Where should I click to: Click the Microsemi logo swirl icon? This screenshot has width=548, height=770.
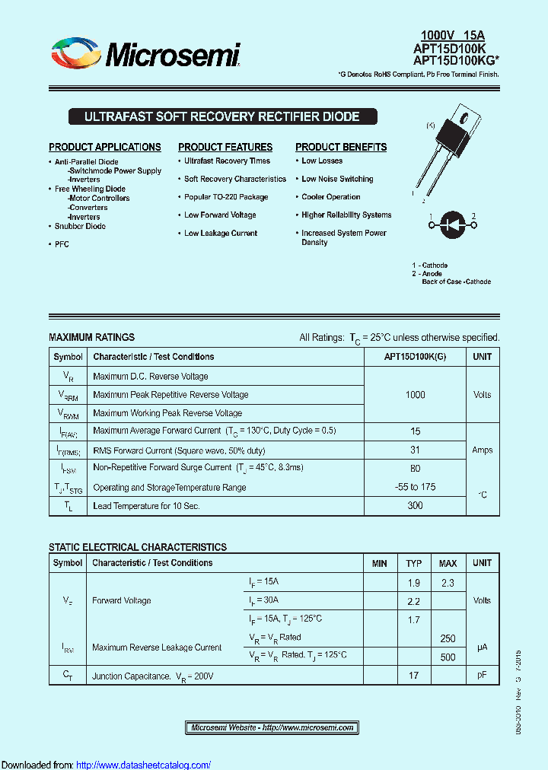[x=76, y=55]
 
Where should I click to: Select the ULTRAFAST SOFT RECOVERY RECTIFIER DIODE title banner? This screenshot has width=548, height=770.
[x=221, y=117]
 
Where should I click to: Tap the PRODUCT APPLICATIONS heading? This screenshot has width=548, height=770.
[x=105, y=147]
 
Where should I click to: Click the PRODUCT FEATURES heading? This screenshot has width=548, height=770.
[x=225, y=147]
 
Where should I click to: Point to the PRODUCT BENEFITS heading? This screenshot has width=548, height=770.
[x=341, y=147]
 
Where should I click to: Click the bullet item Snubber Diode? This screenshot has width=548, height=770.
[x=80, y=227]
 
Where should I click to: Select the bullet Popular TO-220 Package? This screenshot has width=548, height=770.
[x=226, y=197]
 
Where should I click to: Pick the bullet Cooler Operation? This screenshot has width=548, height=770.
[x=330, y=197]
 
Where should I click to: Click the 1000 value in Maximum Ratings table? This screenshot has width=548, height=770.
[x=415, y=395]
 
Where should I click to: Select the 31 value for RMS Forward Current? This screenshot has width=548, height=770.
[x=415, y=450]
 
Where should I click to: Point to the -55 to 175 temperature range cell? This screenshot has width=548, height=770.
[x=415, y=487]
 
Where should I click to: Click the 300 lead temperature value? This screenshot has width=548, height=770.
[x=415, y=506]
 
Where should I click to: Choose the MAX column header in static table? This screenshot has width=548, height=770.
[x=448, y=564]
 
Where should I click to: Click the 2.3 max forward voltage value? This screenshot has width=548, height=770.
[x=448, y=583]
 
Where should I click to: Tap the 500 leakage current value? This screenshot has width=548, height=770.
[x=448, y=657]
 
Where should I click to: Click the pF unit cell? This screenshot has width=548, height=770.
[x=482, y=675]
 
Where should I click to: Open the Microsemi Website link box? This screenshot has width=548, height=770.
[x=272, y=728]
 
